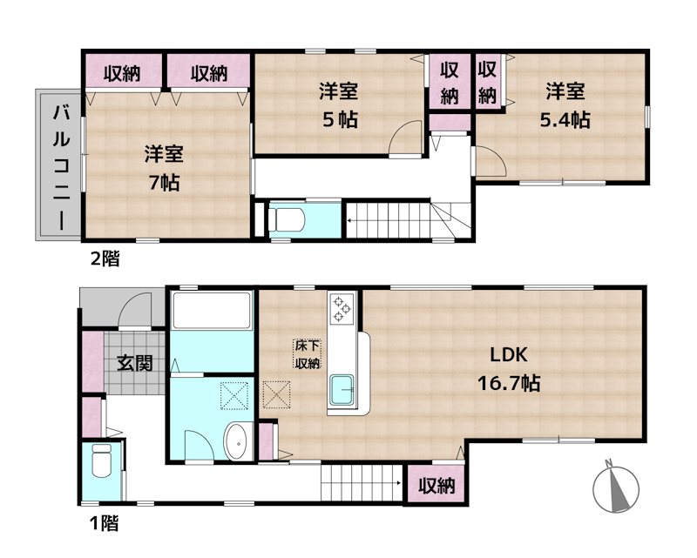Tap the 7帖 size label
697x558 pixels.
click(164, 182)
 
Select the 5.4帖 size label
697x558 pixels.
click(565, 119)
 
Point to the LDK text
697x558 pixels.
click(509, 355)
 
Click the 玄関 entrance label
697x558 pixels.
click(135, 363)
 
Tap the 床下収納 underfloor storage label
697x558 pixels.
click(308, 353)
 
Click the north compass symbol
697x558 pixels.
click(616, 487)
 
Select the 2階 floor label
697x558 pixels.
click(105, 259)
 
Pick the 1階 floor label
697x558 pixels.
click(104, 523)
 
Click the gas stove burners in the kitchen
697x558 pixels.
click(342, 308)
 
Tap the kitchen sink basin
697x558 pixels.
click(342, 390)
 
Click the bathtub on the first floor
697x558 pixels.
click(211, 310)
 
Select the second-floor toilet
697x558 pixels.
click(288, 219)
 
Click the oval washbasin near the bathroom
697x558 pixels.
click(239, 441)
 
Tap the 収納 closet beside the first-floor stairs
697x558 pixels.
click(436, 485)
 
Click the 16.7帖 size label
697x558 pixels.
click(509, 382)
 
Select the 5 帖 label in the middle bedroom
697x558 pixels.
click(340, 119)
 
